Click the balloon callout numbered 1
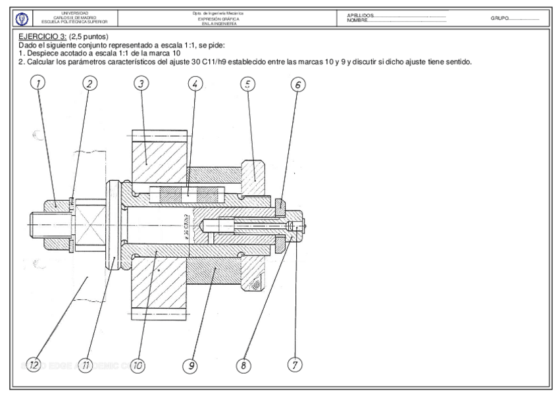(x=38, y=83)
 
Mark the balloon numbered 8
(x=245, y=364)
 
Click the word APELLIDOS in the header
(x=359, y=14)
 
